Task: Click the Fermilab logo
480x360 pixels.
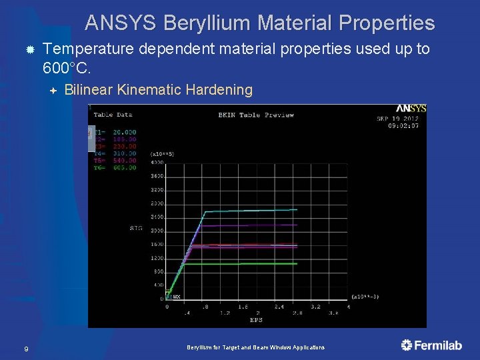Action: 431,345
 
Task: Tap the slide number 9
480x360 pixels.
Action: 25,349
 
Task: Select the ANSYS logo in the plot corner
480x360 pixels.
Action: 411,109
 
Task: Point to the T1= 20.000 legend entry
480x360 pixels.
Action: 115,132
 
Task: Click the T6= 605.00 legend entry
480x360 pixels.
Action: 115,168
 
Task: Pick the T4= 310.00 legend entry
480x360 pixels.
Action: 115,153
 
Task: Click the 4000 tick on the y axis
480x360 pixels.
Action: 157,163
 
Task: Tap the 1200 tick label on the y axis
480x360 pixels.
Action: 157,258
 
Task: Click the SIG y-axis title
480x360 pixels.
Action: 135,228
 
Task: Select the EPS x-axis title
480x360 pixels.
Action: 256,320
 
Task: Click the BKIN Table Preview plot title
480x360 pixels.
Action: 256,115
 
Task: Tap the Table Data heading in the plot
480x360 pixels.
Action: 113,115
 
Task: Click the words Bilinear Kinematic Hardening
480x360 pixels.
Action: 159,89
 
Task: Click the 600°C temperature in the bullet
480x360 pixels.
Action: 66,68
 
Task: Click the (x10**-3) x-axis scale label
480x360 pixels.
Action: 367,296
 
